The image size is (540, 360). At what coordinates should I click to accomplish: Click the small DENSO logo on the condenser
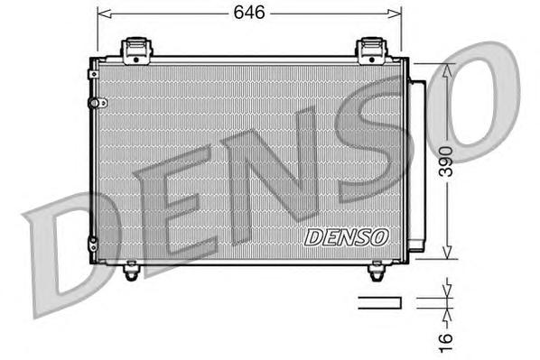pyautogui.click(x=346, y=237)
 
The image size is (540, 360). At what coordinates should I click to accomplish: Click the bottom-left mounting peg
pyautogui.click(x=132, y=267)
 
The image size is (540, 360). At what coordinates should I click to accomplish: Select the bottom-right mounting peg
pyautogui.click(x=377, y=268)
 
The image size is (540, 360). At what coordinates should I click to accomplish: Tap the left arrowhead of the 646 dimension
pyautogui.click(x=102, y=14)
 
